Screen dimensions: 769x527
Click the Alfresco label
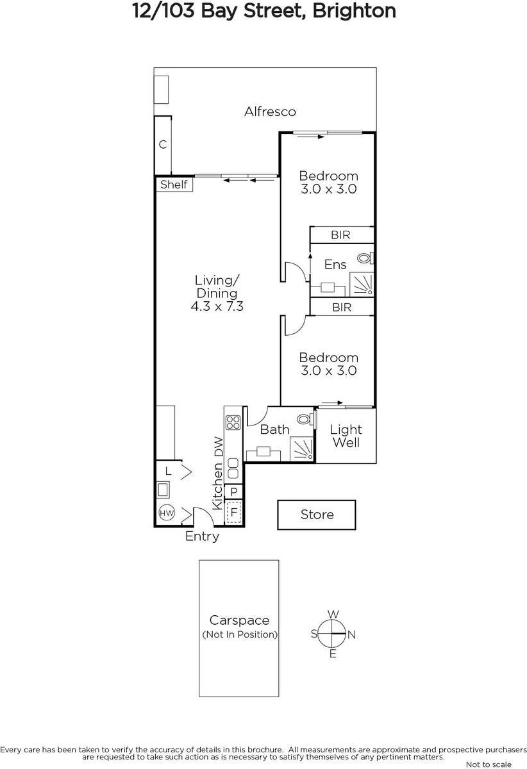270,112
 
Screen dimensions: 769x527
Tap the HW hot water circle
166,513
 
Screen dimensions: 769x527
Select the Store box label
317,515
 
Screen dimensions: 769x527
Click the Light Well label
346,436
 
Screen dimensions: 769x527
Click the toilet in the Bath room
312,419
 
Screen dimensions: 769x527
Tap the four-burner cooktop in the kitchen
233,422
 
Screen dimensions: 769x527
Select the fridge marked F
234,513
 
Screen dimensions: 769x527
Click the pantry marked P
234,492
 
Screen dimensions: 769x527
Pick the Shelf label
174,185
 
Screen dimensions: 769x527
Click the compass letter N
351,634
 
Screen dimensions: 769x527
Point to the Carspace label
239,620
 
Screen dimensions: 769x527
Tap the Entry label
202,537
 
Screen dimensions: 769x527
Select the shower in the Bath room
302,448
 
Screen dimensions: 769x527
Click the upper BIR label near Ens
340,235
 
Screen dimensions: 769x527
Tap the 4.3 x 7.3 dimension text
217,307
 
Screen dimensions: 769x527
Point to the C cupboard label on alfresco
163,145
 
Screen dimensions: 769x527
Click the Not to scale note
489,765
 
